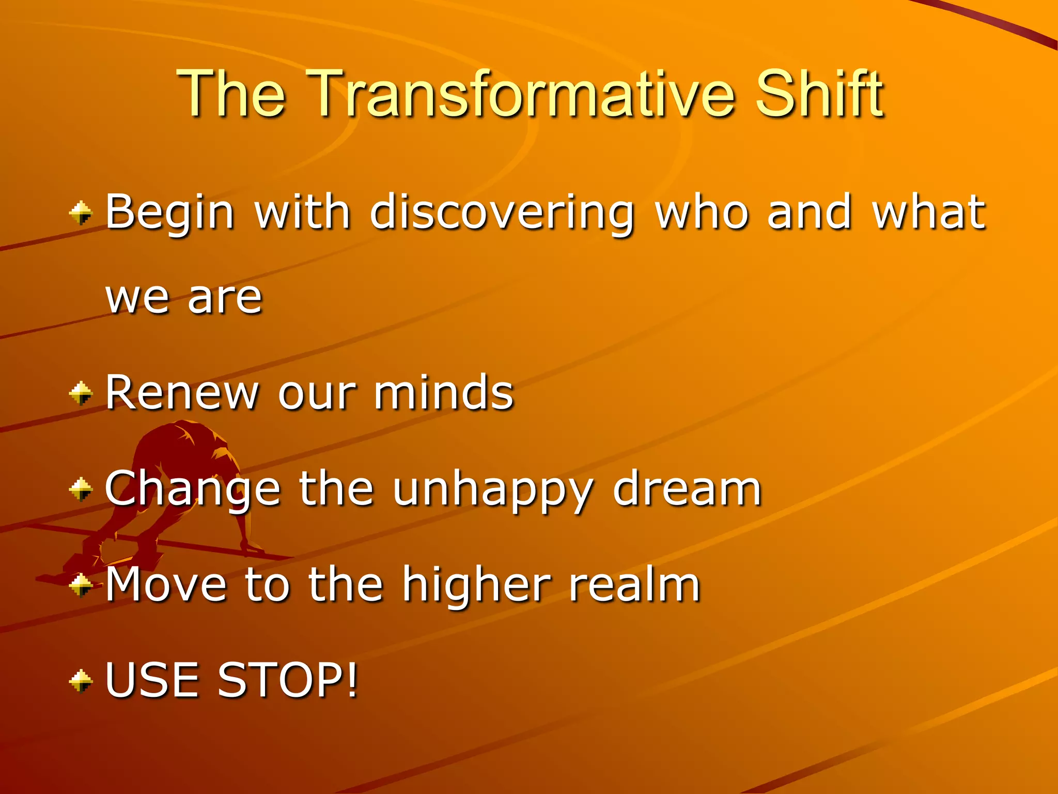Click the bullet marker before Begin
(x=81, y=213)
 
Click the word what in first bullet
(x=928, y=212)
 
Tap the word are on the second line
(x=225, y=298)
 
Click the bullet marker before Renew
(x=81, y=393)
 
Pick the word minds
(x=444, y=393)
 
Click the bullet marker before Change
(x=81, y=489)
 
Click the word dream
(x=687, y=488)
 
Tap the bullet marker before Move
(x=81, y=585)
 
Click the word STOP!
(x=287, y=680)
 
